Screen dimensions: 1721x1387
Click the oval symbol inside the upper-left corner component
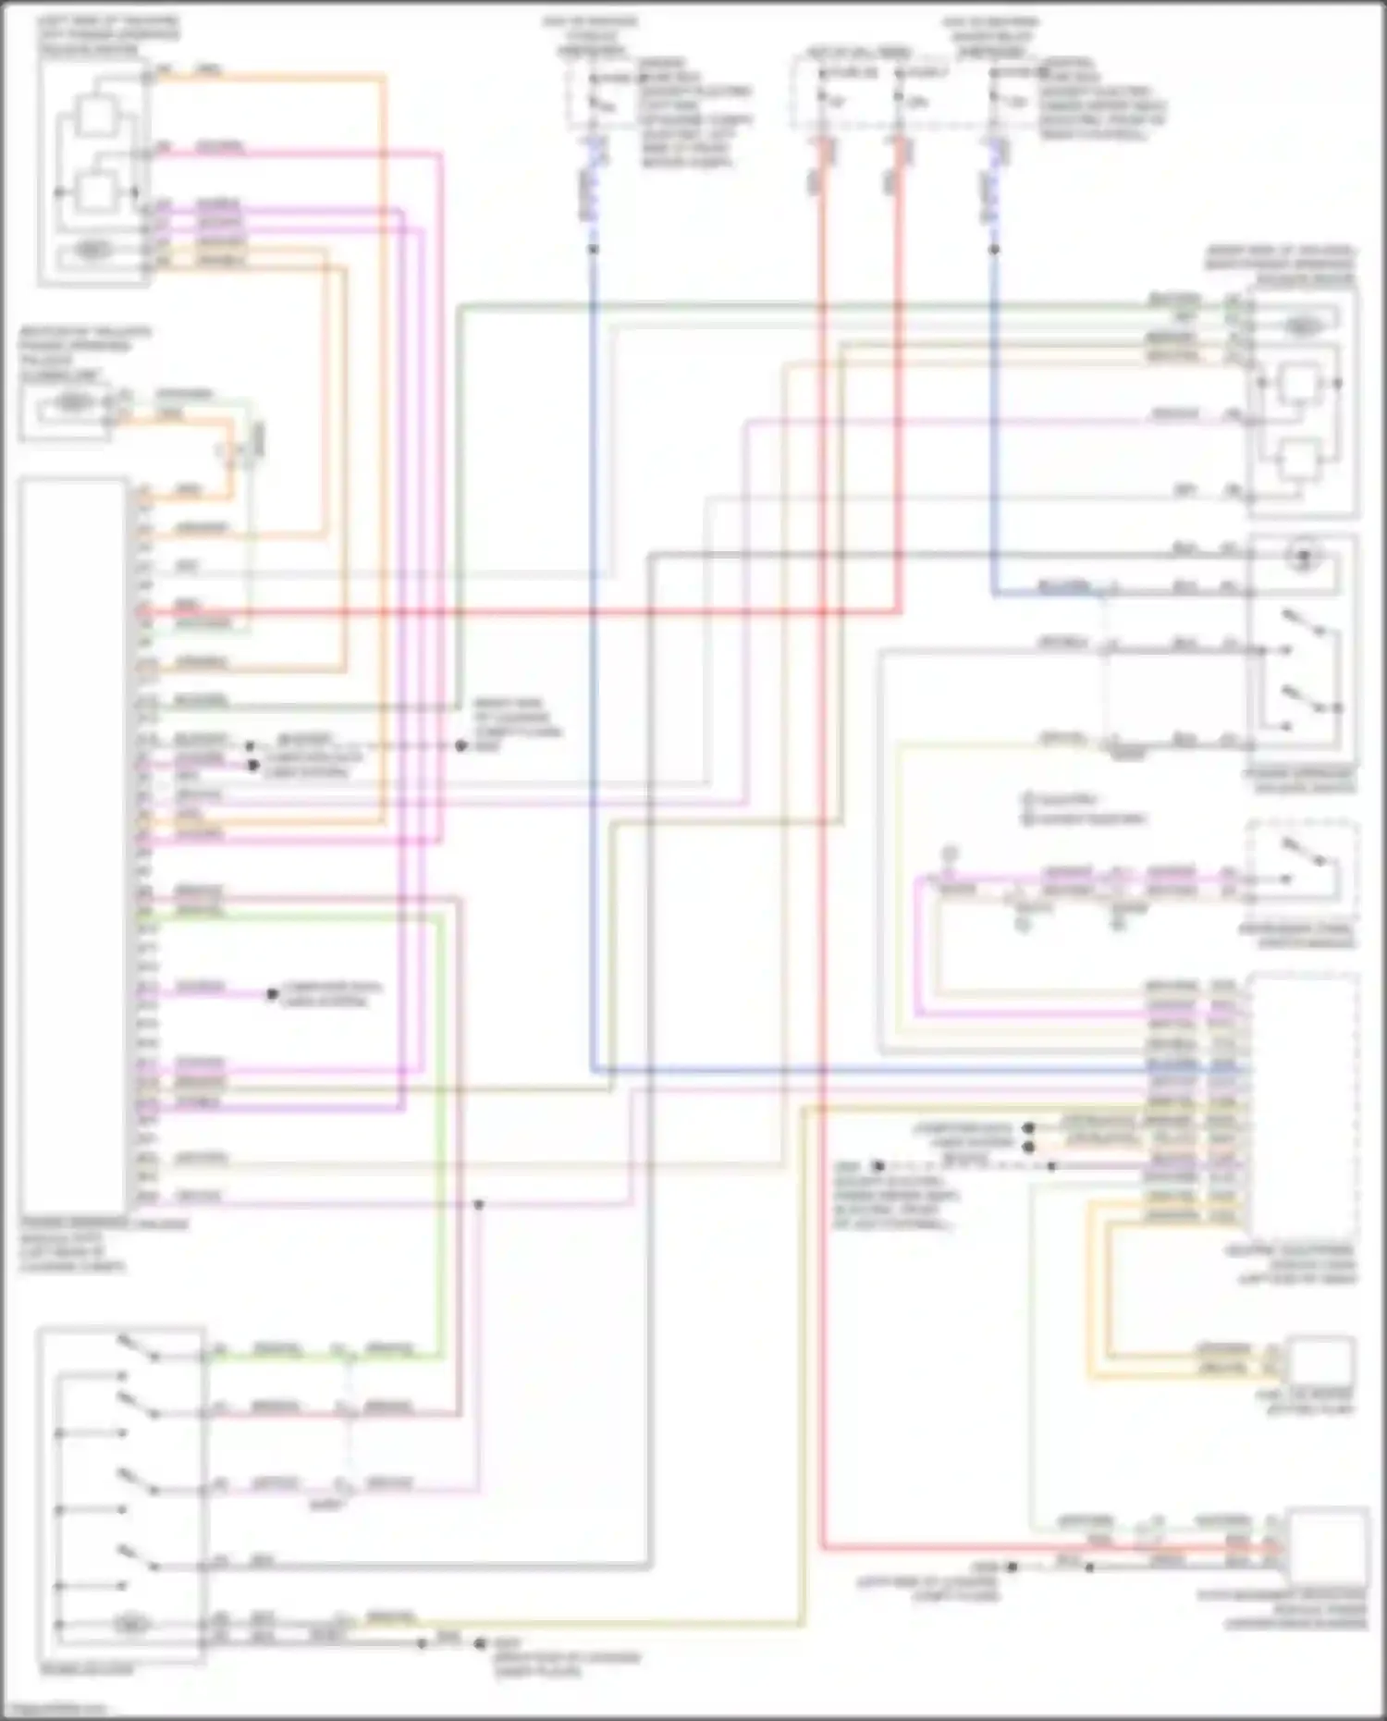(92, 250)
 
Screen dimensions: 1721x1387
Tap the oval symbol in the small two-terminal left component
(73, 403)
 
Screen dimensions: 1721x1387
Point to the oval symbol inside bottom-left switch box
(132, 1623)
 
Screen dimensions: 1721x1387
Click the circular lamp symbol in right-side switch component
(1303, 557)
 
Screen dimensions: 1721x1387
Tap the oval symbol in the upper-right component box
(1302, 326)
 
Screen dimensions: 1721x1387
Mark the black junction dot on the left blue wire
(593, 250)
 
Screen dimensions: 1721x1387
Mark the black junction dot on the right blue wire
(994, 250)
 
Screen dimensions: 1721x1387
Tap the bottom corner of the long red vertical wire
(822, 1545)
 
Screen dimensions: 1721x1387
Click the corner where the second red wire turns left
(898, 611)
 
